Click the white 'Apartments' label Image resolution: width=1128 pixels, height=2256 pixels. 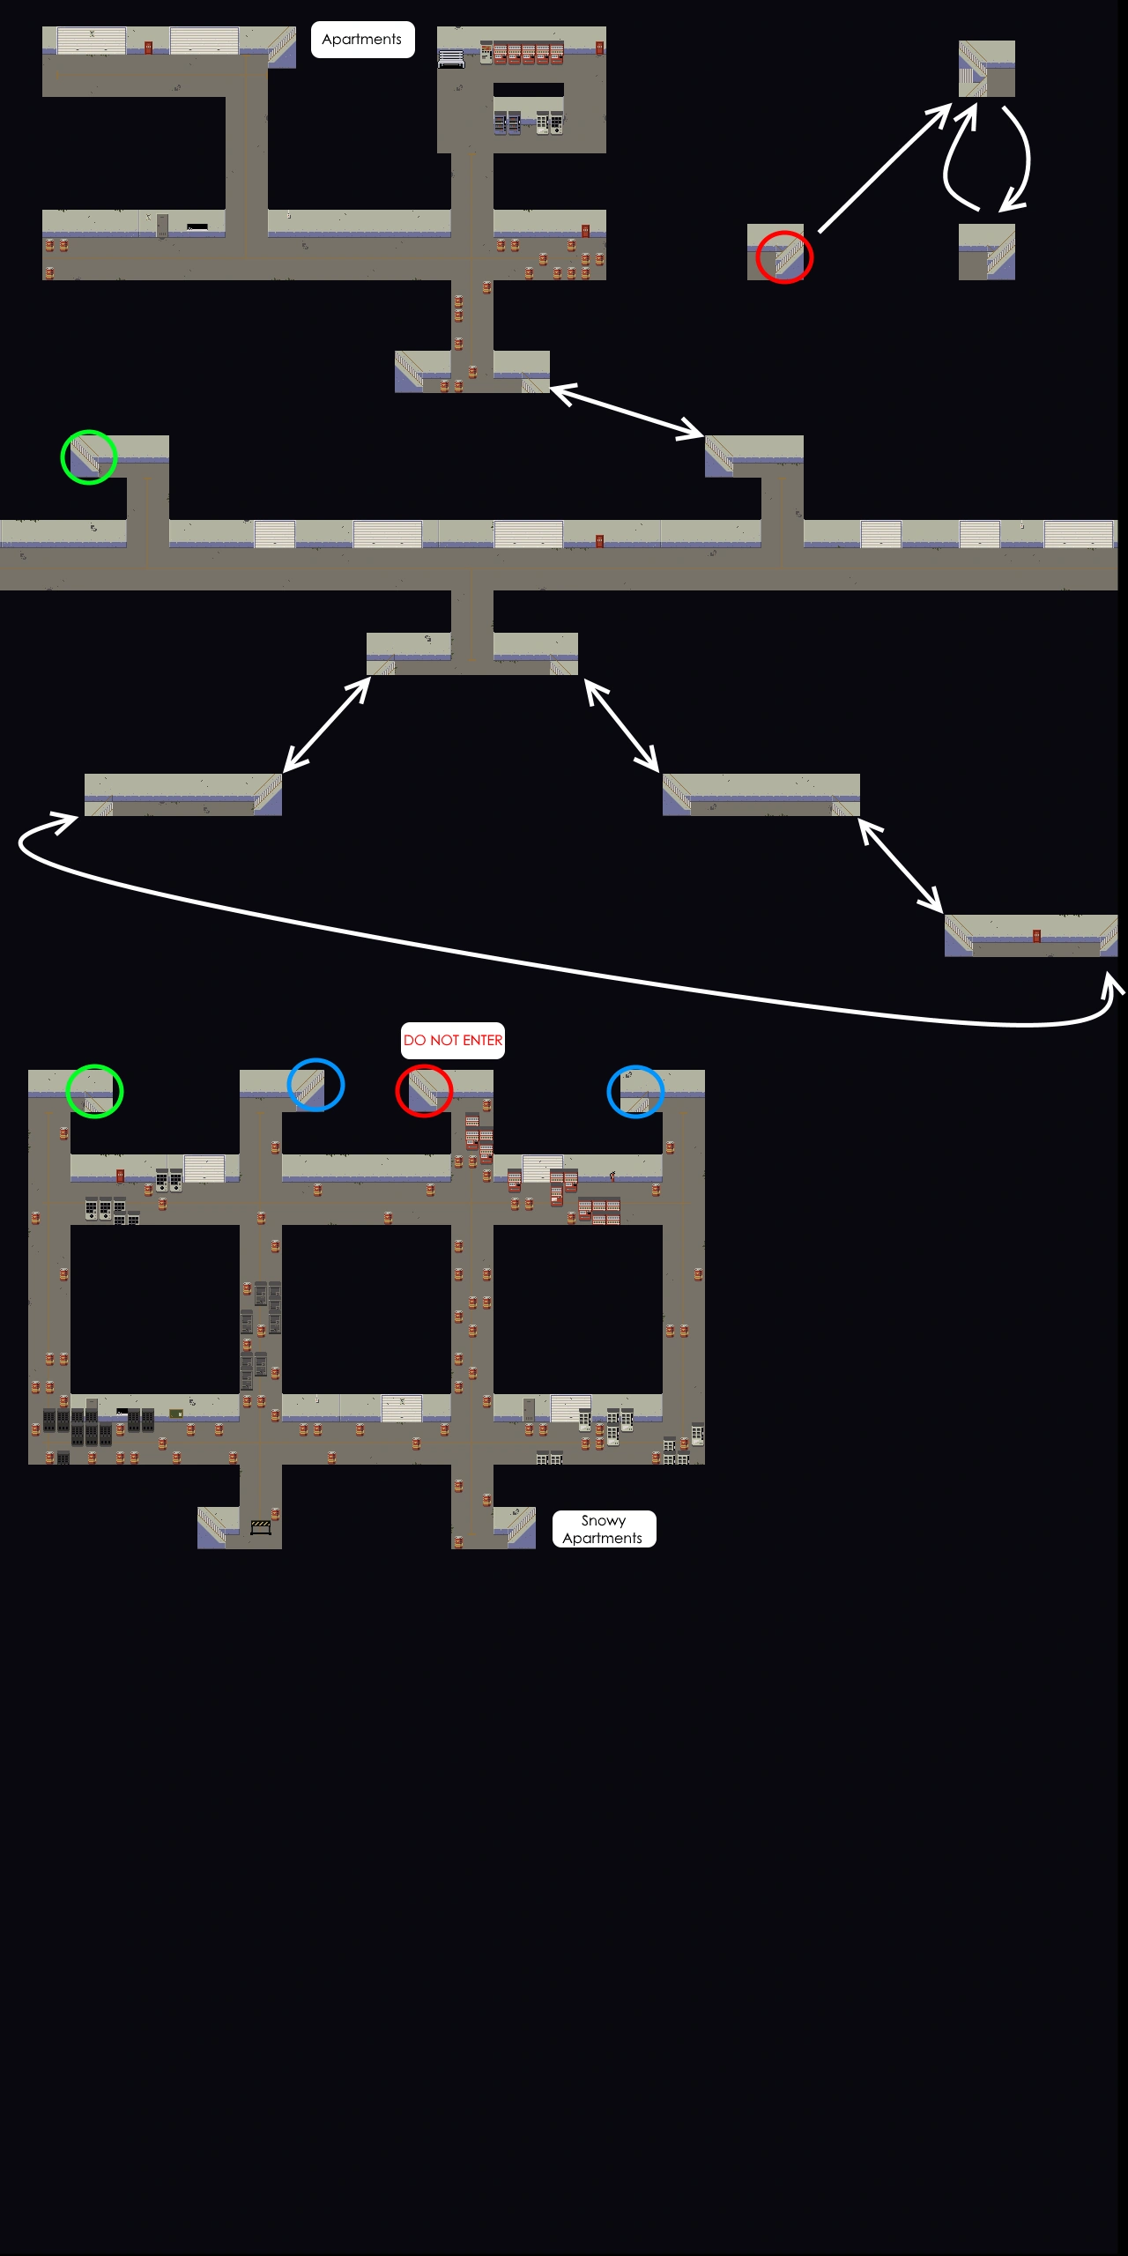point(362,40)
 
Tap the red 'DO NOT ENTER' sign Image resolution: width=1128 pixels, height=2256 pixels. point(453,1041)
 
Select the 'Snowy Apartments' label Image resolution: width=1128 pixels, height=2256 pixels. point(604,1529)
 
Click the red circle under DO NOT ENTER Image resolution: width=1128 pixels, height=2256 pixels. point(424,1090)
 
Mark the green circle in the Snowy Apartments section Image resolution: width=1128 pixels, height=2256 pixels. point(95,1091)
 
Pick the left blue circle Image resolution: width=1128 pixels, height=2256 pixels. point(315,1085)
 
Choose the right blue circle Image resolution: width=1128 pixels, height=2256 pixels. point(635,1091)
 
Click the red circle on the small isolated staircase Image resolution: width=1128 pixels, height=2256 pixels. point(784,257)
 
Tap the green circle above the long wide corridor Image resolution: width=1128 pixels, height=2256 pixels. point(88,456)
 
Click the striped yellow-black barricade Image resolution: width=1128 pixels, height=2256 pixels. point(261,1527)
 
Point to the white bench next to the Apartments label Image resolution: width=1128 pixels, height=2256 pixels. point(451,58)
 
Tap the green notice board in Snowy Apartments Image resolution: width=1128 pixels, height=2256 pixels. point(176,1414)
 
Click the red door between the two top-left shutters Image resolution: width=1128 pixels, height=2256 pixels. point(148,48)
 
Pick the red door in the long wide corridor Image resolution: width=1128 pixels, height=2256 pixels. point(599,540)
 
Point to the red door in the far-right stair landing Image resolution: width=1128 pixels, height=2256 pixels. point(1036,936)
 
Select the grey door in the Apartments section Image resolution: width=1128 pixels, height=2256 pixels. point(162,226)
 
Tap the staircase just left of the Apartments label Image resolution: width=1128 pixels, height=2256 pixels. point(281,47)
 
